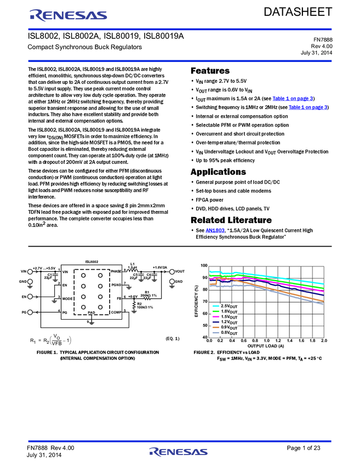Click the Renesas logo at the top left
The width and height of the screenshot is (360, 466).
coord(68,15)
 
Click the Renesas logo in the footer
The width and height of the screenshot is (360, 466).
coord(178,452)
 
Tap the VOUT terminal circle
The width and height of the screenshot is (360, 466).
coord(172,271)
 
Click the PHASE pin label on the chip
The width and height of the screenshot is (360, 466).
coord(116,271)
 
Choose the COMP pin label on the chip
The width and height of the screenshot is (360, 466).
coord(116,312)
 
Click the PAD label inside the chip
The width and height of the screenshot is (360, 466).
coord(92,312)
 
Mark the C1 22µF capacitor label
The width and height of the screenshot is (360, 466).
coord(50,276)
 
